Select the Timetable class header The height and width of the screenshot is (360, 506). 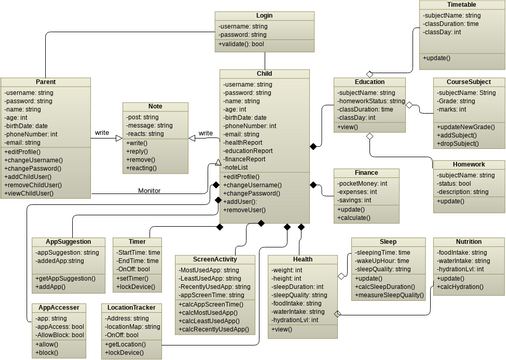point(455,5)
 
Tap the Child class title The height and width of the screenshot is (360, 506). point(264,74)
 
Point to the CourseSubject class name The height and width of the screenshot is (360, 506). point(468,81)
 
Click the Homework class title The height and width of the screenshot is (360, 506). point(468,163)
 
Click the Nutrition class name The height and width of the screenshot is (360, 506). point(467,242)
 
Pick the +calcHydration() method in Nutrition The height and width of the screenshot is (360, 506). point(462,289)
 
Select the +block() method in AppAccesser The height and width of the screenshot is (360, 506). point(46,351)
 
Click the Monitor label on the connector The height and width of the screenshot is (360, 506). point(149,189)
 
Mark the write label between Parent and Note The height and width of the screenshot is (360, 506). point(102,132)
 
